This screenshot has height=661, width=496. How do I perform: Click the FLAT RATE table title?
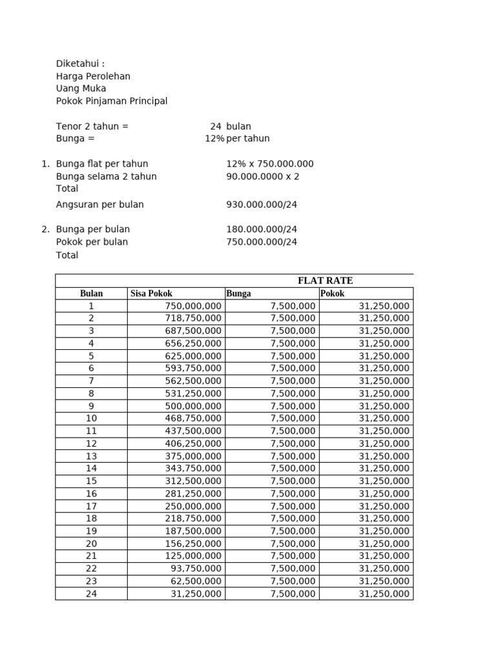tap(325, 281)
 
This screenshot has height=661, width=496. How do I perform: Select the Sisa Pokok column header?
tap(151, 294)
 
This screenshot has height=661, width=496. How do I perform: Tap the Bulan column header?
tap(91, 294)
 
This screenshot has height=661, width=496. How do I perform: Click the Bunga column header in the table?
tap(238, 294)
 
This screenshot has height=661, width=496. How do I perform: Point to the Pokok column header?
tap(332, 294)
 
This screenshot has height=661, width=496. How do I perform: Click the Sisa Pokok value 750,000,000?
tap(193, 306)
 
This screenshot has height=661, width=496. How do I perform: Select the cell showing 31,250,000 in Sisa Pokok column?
tap(196, 594)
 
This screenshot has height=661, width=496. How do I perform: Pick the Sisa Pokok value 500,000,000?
tap(193, 406)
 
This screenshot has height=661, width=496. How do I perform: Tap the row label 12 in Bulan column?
tap(91, 443)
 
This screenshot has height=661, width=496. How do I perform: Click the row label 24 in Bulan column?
tap(91, 594)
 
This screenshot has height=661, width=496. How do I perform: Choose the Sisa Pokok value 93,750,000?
tap(196, 569)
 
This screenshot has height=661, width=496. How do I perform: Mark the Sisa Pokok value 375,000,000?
tap(193, 456)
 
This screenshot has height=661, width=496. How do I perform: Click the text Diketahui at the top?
tap(80, 64)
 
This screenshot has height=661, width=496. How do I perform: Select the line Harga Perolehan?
tap(93, 76)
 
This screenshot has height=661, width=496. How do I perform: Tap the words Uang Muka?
tap(81, 88)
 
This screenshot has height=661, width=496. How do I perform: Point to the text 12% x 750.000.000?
tap(270, 164)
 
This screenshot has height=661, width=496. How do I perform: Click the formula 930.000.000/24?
tap(262, 205)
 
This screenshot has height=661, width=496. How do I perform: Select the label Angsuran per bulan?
tap(100, 205)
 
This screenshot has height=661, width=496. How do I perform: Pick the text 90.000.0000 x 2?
tap(263, 176)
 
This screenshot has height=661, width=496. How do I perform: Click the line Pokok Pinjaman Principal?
tap(112, 101)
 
